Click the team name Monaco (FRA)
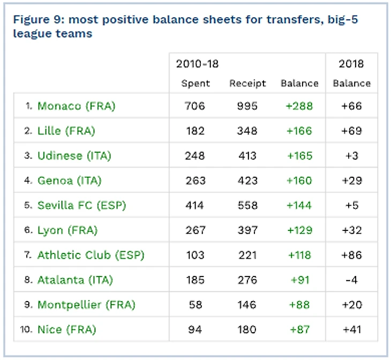tap(76, 106)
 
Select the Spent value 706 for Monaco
tap(195, 106)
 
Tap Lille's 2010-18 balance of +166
tap(299, 131)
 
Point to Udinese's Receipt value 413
tap(247, 156)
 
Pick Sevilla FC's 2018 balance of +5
tap(351, 206)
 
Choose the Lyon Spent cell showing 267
tap(195, 230)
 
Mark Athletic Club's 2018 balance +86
tap(351, 256)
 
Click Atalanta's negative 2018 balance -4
tap(351, 280)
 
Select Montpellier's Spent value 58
tap(195, 305)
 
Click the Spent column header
tap(195, 84)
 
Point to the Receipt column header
tap(247, 84)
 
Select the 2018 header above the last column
tap(351, 64)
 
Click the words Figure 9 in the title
tap(36, 20)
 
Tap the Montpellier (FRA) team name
tap(86, 305)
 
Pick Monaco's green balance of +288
tap(299, 106)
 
